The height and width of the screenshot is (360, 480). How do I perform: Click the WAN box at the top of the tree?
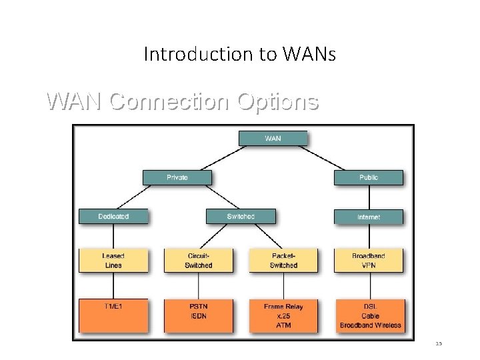pyautogui.click(x=273, y=139)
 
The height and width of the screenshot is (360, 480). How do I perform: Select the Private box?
pyautogui.click(x=177, y=177)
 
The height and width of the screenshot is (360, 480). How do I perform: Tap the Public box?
pyautogui.click(x=369, y=177)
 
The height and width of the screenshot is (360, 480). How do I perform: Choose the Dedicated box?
pyautogui.click(x=113, y=217)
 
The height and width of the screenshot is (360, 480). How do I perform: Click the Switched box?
pyautogui.click(x=241, y=217)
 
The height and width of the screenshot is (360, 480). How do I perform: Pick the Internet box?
pyautogui.click(x=369, y=217)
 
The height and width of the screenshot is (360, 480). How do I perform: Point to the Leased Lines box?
pyautogui.click(x=113, y=261)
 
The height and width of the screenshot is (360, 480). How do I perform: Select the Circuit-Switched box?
pyautogui.click(x=199, y=261)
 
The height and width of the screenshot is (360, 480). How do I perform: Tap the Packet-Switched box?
pyautogui.click(x=283, y=261)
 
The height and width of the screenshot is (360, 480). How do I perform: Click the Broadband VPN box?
pyautogui.click(x=369, y=261)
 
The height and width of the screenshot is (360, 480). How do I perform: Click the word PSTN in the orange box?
pyautogui.click(x=199, y=307)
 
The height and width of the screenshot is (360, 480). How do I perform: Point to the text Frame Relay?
pyautogui.click(x=283, y=307)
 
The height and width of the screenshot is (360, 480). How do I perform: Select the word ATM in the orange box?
pyautogui.click(x=283, y=325)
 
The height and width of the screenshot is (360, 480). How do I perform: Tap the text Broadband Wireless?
pyautogui.click(x=371, y=325)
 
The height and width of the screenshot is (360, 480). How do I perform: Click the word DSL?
pyautogui.click(x=371, y=307)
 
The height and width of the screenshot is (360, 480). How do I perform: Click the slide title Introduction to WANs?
pyautogui.click(x=240, y=54)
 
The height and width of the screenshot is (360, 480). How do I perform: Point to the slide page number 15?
pyautogui.click(x=439, y=343)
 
